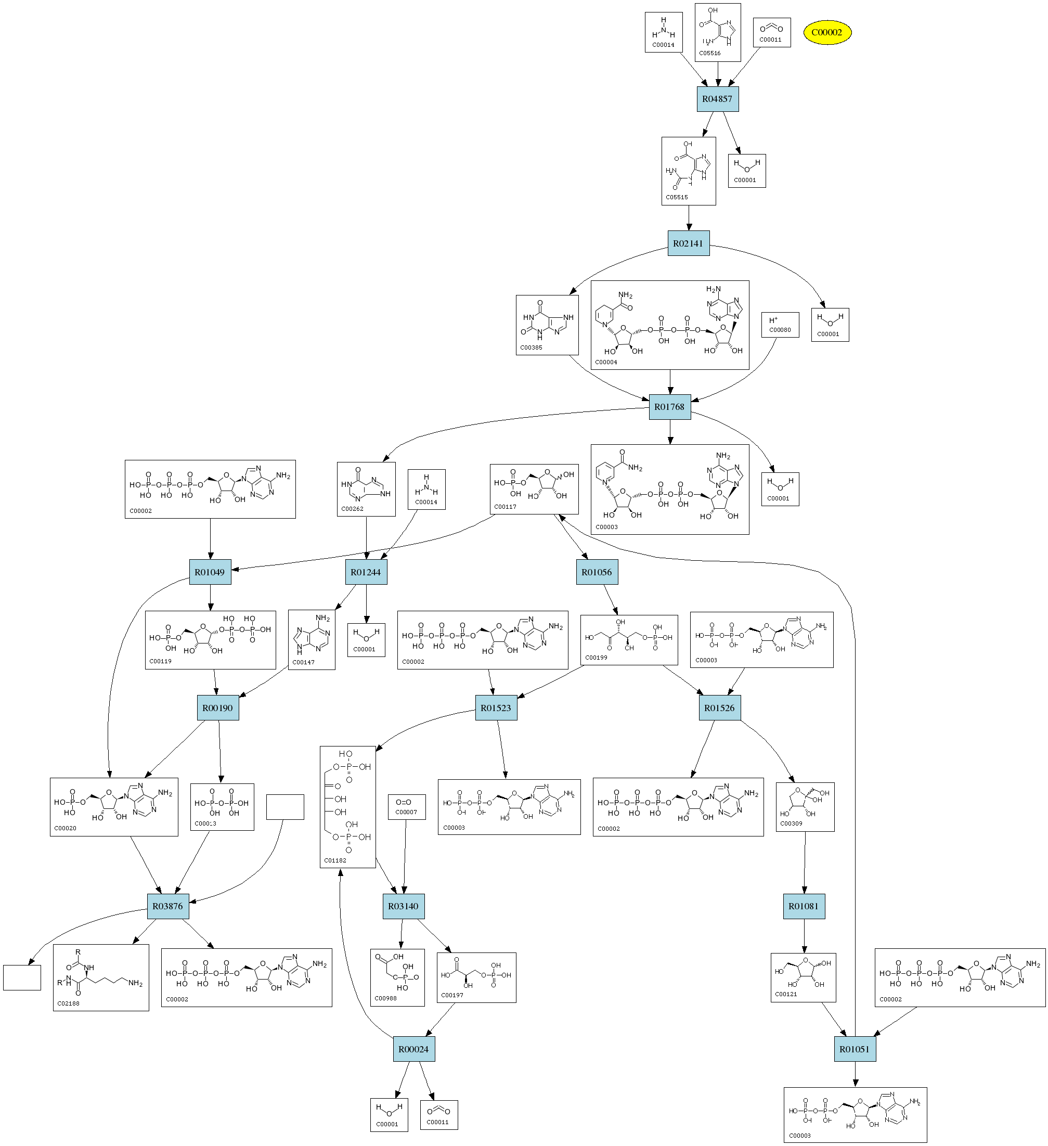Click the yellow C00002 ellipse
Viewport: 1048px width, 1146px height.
826,32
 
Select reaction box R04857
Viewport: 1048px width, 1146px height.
717,99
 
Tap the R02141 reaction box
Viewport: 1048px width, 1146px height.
688,243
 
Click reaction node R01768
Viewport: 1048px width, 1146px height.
669,407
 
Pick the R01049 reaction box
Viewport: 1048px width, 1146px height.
210,572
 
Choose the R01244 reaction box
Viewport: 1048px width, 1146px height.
366,572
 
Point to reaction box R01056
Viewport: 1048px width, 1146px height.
596,572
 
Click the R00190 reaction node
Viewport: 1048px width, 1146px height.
218,707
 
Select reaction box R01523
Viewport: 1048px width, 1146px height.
496,707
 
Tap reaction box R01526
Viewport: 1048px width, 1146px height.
719,707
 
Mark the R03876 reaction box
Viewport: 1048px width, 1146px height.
167,906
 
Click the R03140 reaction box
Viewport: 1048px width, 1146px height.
403,906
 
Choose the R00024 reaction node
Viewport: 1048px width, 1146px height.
413,1049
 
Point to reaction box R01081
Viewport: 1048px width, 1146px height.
803,906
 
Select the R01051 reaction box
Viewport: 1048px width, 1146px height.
854,1049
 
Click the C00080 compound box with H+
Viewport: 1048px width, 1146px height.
780,325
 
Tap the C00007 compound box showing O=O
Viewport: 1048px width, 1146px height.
406,807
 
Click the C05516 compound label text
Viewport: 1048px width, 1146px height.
710,54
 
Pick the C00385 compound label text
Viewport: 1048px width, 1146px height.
532,347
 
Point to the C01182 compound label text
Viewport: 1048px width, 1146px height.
335,860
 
